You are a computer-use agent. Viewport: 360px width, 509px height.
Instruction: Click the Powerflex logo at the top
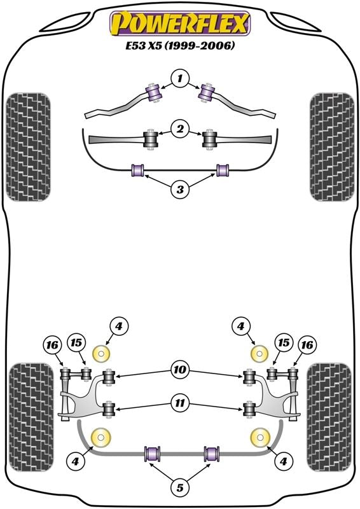pos(180,24)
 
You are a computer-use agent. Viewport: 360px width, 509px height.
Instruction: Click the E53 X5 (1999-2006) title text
pos(180,46)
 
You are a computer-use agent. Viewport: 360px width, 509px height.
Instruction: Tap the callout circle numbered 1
pos(180,79)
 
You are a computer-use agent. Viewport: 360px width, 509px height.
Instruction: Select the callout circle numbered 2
pos(180,130)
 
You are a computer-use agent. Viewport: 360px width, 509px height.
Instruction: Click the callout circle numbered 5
pos(180,488)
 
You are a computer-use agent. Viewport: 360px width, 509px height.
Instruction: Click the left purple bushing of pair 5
pos(153,454)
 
